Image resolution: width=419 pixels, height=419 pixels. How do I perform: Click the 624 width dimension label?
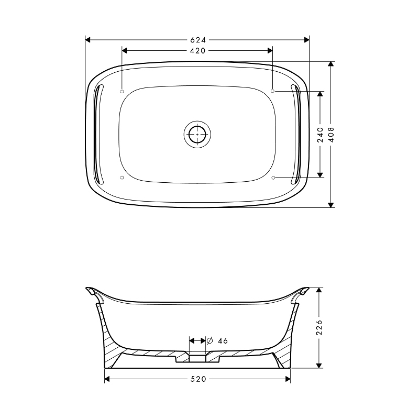pos(198,40)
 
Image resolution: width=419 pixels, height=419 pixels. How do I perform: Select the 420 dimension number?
pos(198,51)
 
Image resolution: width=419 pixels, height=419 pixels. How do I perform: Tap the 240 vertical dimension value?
pos(321,135)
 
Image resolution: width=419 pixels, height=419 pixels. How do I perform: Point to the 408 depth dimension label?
pos(331,135)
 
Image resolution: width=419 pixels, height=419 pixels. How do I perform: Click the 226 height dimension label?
pos(319,327)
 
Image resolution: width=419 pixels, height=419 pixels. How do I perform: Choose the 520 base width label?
pos(199,379)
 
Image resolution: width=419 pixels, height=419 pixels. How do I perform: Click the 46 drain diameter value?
pos(223,341)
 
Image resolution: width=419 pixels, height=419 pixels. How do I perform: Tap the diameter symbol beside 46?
pos(210,341)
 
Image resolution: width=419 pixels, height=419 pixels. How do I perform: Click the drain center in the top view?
pos(197,134)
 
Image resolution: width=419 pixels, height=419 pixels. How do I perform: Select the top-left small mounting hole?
pos(122,91)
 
